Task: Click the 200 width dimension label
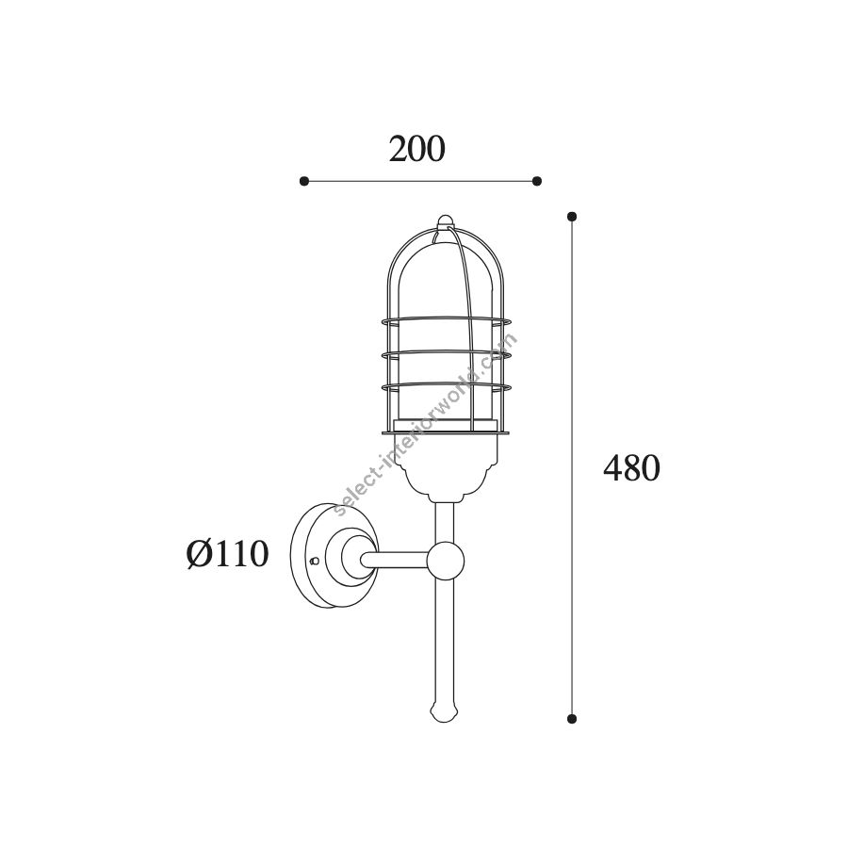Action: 416,149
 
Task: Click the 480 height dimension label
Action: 631,467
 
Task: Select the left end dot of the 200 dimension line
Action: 304,181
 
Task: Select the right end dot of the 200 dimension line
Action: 536,181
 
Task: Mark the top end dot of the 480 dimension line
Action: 572,217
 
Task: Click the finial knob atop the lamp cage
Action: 445,220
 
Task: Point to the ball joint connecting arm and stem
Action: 446,560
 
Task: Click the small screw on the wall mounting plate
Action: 313,562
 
